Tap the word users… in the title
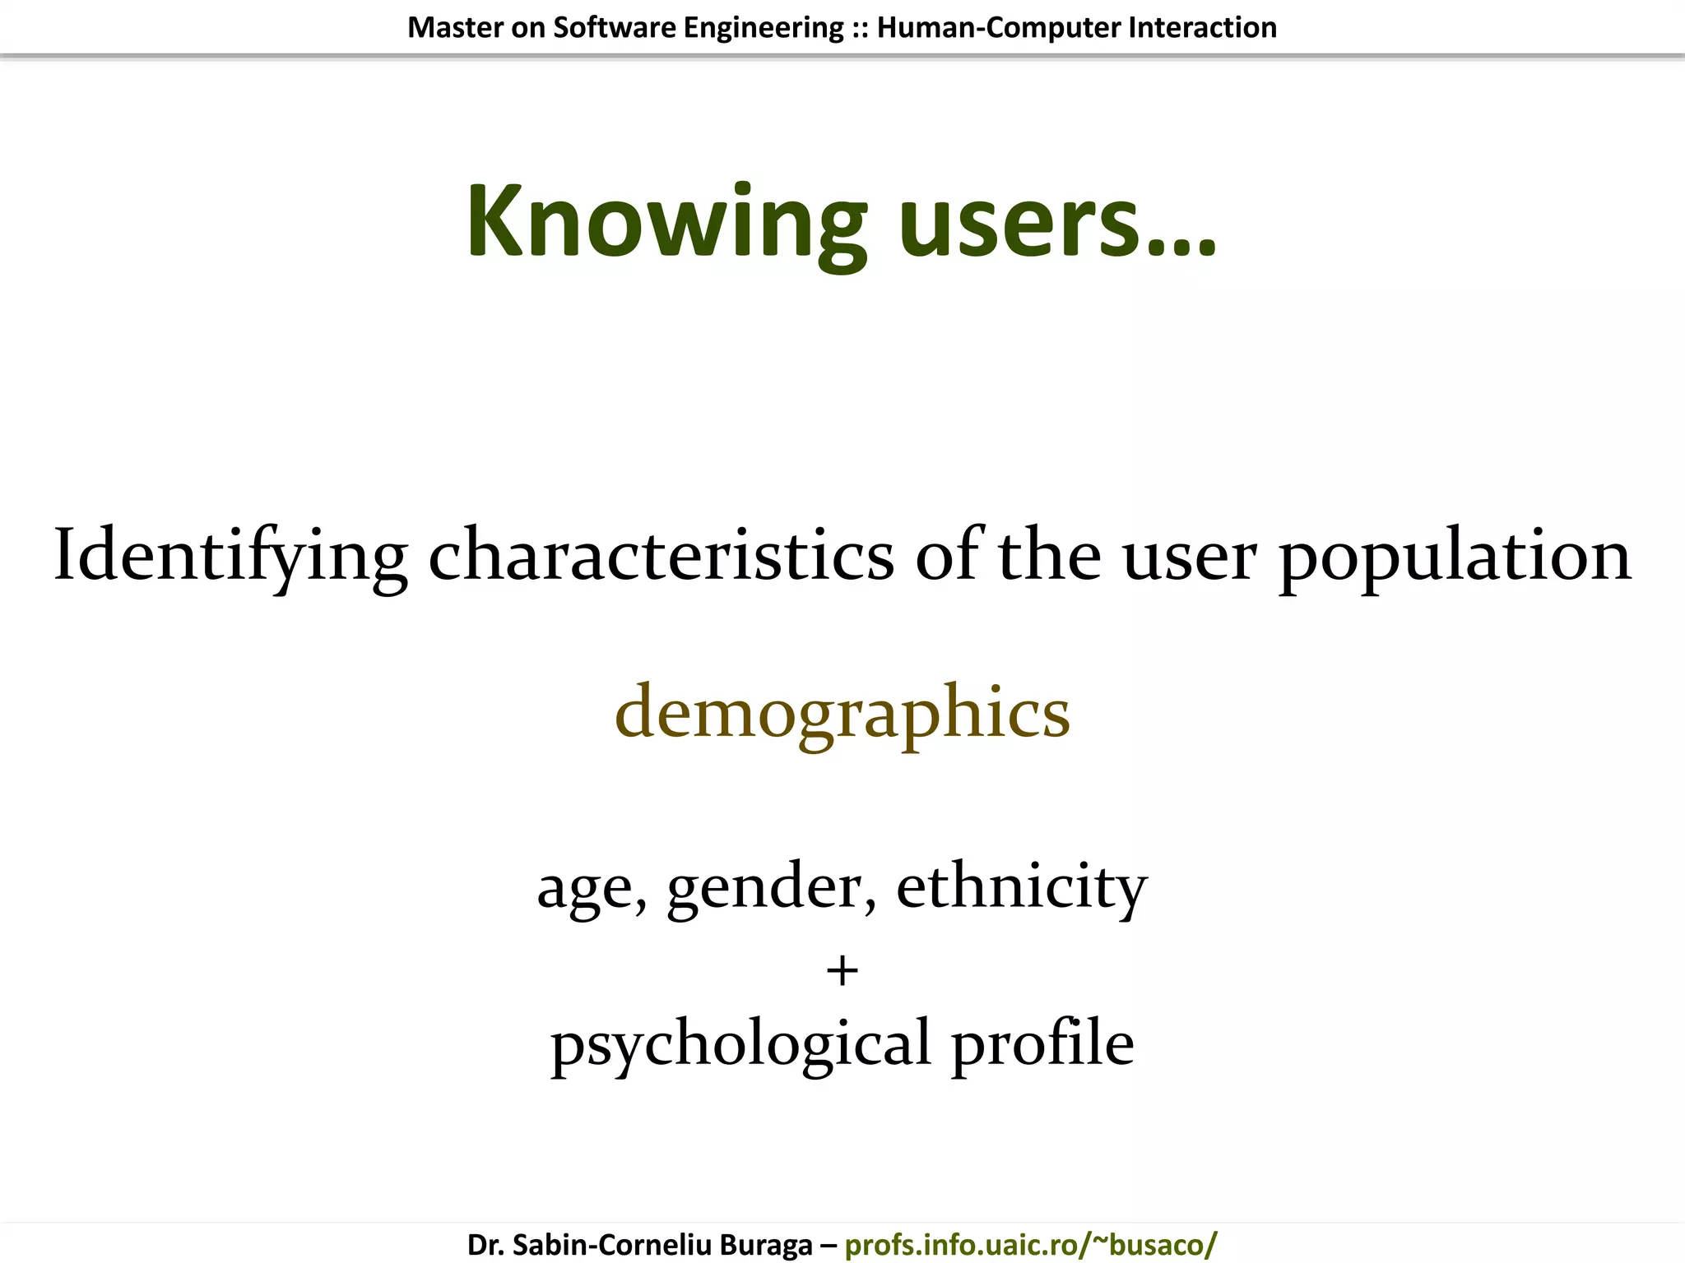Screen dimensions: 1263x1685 click(1057, 222)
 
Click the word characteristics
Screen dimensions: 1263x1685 click(661, 557)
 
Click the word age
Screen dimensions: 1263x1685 click(590, 888)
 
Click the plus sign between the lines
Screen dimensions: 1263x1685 click(842, 971)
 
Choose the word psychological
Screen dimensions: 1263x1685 click(740, 1044)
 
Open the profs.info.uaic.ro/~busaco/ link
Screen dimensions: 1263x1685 click(1030, 1244)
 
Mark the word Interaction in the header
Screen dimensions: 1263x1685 click(1202, 28)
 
